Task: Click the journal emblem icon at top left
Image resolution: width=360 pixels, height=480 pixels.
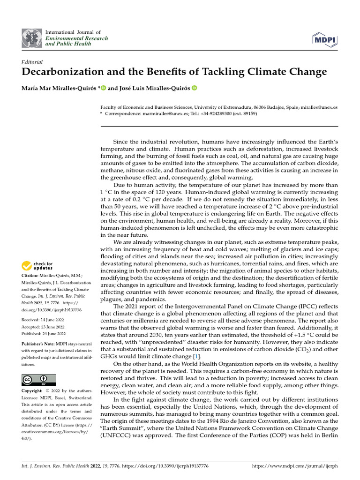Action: click(32, 38)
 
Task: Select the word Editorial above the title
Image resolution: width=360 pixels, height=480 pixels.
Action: click(32, 62)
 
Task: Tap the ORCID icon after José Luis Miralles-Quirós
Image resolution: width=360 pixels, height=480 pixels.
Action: click(194, 88)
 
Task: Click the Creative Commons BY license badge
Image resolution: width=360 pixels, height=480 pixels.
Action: click(38, 379)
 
